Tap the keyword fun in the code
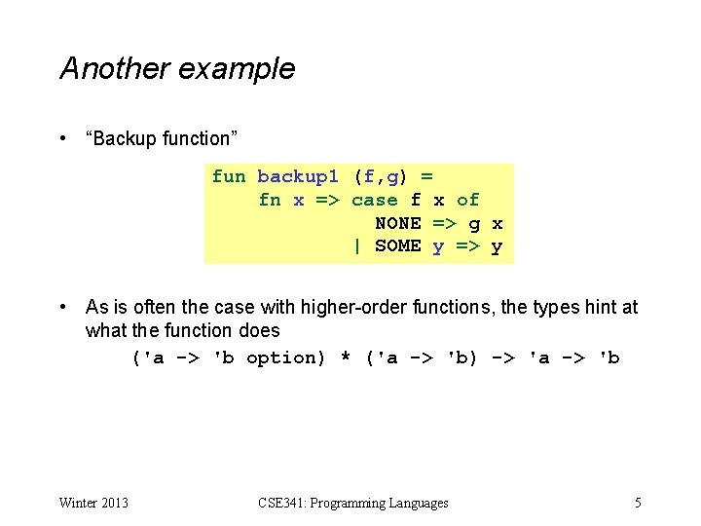point(229,176)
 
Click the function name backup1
point(298,176)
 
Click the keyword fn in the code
point(270,200)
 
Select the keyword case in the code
point(374,200)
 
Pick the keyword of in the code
point(467,200)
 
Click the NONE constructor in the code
point(397,223)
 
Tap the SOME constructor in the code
point(397,246)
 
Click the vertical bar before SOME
point(357,246)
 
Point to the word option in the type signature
point(286,357)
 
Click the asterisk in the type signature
point(345,358)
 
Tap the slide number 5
point(638,504)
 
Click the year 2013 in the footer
point(113,504)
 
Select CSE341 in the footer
point(279,504)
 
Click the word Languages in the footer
point(417,504)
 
